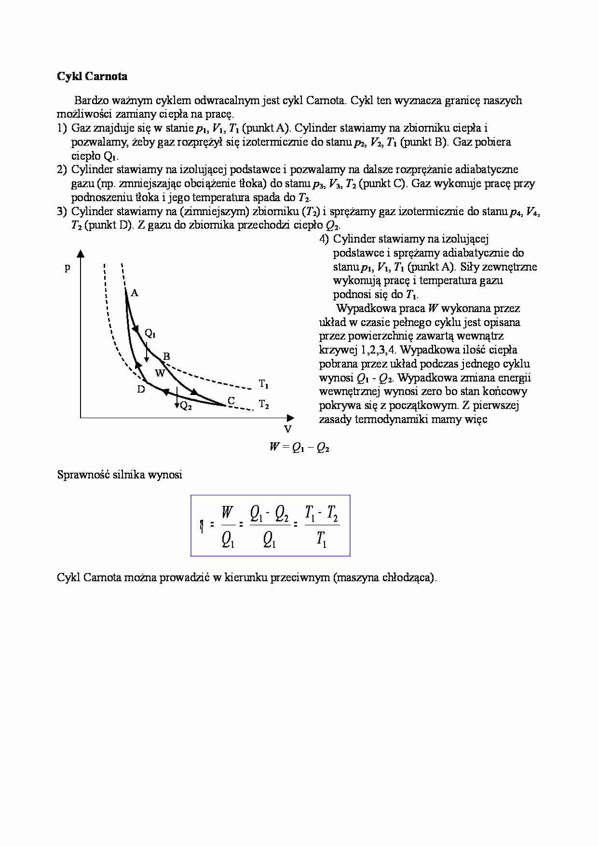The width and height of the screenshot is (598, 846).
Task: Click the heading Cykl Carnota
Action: coord(92,76)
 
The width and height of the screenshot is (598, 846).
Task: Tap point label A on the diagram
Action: coord(135,293)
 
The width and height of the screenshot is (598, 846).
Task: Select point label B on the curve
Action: coord(166,356)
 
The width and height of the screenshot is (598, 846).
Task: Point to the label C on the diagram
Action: coord(231,400)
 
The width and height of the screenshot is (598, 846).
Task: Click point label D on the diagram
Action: coord(141,389)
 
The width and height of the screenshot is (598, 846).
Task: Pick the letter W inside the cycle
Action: coord(160,373)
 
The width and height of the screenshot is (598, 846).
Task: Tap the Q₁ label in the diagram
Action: coord(150,333)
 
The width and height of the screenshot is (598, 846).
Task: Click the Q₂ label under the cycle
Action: coord(186,406)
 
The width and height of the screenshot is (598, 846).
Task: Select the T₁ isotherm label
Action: coord(264,384)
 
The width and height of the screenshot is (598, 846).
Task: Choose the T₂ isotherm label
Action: coord(264,404)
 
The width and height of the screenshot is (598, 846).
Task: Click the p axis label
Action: coord(68,267)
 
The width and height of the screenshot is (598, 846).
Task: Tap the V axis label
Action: coord(287,429)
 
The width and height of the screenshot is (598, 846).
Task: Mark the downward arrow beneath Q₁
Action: coord(146,353)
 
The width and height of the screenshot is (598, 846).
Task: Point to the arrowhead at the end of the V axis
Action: coord(290,417)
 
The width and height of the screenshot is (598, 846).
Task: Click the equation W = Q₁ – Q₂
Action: coord(299,447)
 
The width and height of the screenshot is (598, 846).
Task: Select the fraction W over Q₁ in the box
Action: coord(228,526)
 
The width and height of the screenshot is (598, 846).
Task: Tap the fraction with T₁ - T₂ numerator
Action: coord(322,526)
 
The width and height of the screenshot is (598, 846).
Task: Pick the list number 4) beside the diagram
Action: coord(324,239)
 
